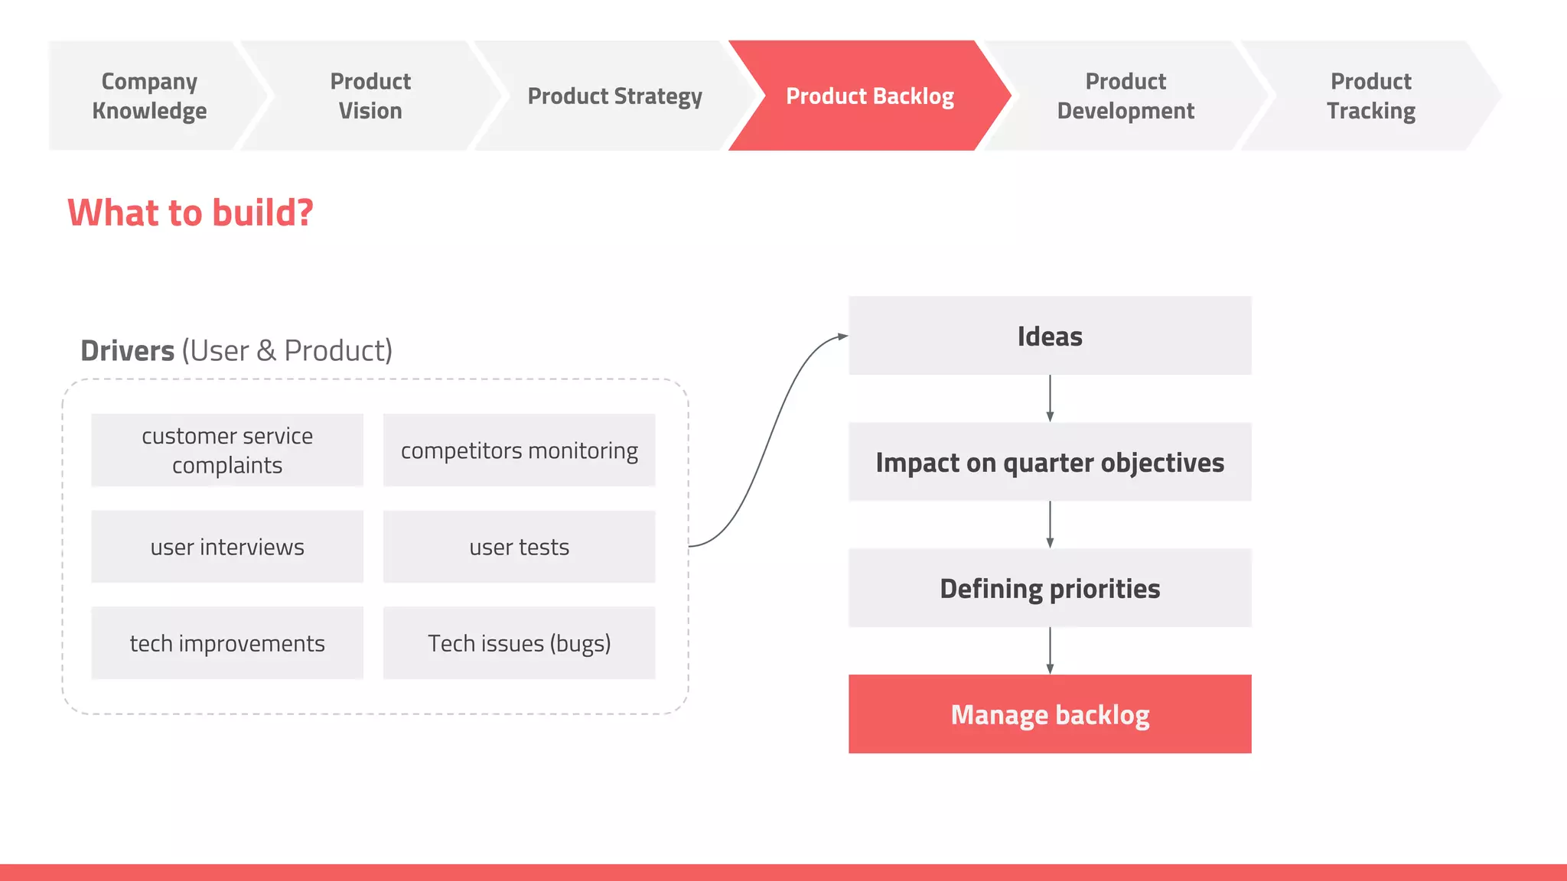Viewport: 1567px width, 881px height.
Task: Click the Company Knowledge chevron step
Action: (x=149, y=96)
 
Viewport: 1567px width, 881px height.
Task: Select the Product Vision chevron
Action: (x=370, y=96)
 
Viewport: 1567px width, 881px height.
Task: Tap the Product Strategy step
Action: (x=614, y=96)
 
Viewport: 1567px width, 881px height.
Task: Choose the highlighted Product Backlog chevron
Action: (x=870, y=96)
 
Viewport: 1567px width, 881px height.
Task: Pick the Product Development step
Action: (x=1126, y=96)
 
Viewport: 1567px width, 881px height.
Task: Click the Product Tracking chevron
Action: (x=1370, y=96)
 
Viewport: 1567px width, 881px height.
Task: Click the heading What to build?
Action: (x=191, y=213)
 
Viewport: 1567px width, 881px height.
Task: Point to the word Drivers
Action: (x=128, y=351)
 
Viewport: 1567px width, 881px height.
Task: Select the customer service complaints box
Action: (x=227, y=450)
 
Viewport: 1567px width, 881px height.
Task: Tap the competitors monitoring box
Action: (x=519, y=450)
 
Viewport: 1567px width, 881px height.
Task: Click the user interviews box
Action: (x=227, y=547)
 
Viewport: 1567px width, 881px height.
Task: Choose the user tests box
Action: (x=519, y=547)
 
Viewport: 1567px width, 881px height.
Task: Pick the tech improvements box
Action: (x=227, y=643)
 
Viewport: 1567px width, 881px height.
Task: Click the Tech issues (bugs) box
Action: (x=519, y=643)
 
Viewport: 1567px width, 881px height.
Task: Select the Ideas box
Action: (x=1050, y=336)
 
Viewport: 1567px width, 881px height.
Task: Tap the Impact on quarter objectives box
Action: (x=1050, y=463)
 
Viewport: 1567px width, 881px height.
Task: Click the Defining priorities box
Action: (x=1050, y=589)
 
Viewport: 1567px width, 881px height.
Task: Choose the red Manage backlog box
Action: (x=1050, y=714)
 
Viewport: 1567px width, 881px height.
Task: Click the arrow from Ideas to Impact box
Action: (x=1050, y=398)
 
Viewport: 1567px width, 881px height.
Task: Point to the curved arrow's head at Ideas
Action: (x=842, y=336)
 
